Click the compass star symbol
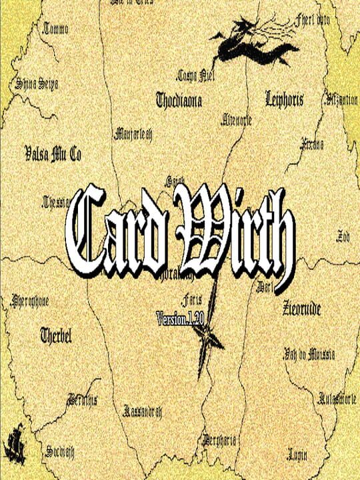click(208, 331)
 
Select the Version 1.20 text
click(179, 318)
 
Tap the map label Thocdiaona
click(179, 101)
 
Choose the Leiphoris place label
click(284, 100)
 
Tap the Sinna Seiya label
click(37, 85)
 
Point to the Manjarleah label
click(133, 133)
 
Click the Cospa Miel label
click(194, 75)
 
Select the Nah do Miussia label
click(309, 353)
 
